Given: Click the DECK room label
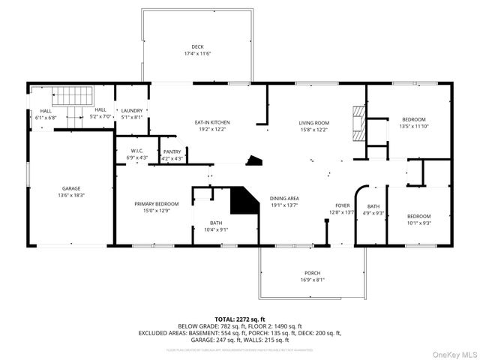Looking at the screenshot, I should pyautogui.click(x=197, y=46).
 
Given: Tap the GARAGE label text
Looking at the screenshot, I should pyautogui.click(x=71, y=188).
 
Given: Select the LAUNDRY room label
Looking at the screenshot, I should pyautogui.click(x=132, y=110).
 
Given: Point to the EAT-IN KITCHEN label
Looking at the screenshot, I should pyautogui.click(x=212, y=122).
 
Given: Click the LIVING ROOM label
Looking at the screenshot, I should pyautogui.click(x=313, y=122).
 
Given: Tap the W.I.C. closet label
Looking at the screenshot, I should pyautogui.click(x=126, y=151).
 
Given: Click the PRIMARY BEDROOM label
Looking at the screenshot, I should pyautogui.click(x=156, y=203).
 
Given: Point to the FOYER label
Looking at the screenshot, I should pyautogui.click(x=342, y=205).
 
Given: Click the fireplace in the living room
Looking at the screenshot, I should pyautogui.click(x=359, y=122).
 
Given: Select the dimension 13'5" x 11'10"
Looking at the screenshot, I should pyautogui.click(x=413, y=126).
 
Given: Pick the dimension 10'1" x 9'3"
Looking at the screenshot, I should pyautogui.click(x=419, y=222).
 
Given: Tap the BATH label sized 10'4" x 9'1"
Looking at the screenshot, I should pyautogui.click(x=215, y=223).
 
